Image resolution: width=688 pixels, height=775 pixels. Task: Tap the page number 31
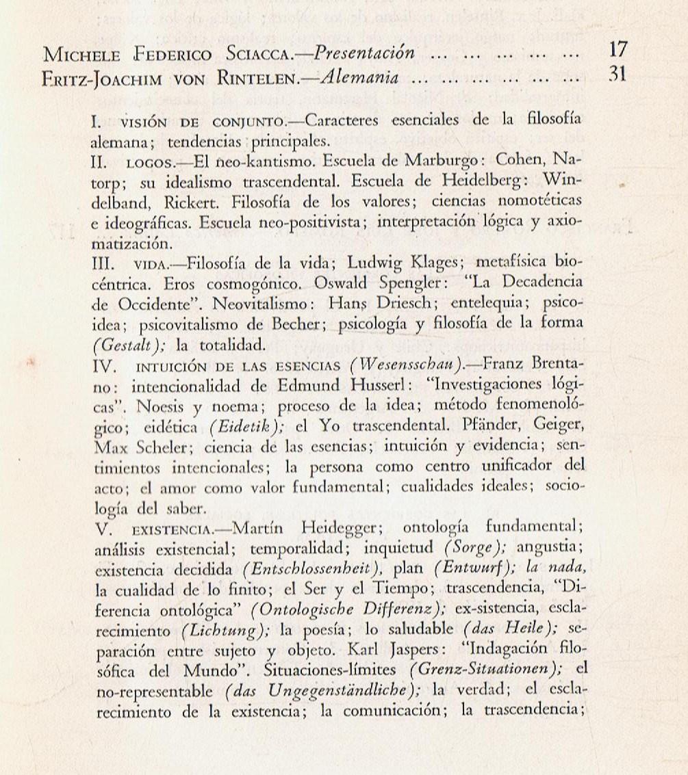(617, 75)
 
